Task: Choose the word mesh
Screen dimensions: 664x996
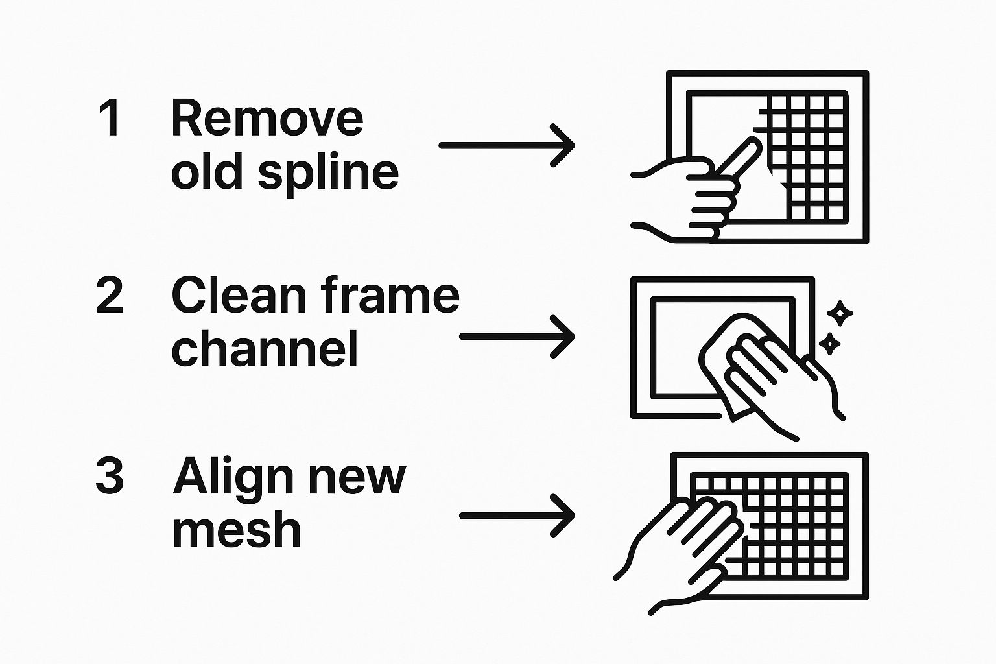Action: click(237, 530)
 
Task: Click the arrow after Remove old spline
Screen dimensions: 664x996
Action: click(506, 146)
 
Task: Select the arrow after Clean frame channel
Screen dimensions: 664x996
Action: click(517, 337)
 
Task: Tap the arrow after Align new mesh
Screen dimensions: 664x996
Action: click(517, 516)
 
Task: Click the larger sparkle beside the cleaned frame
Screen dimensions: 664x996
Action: click(841, 314)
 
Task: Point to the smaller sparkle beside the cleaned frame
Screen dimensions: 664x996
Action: click(829, 343)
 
